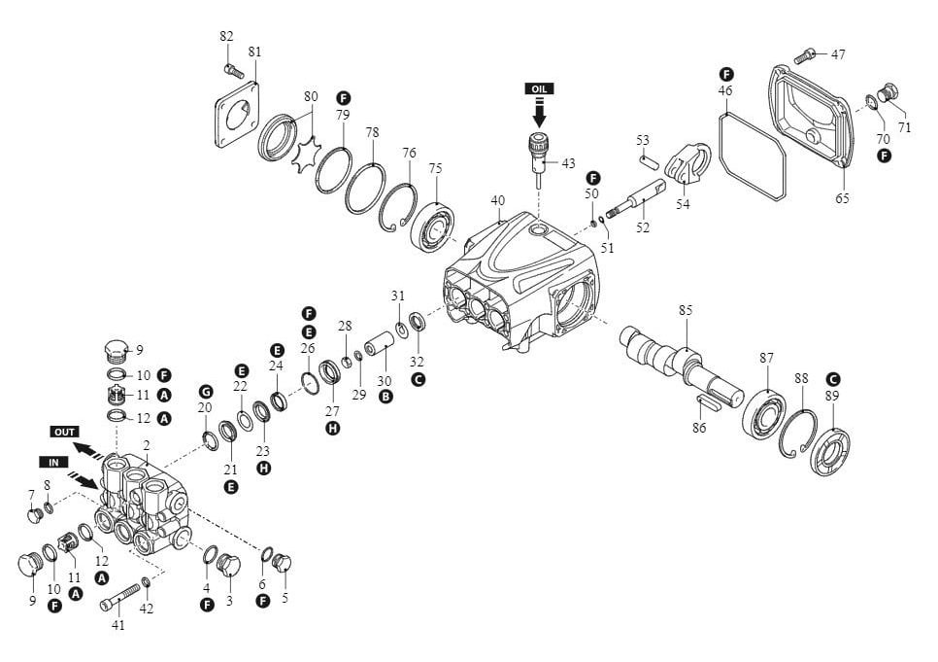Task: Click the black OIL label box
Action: pos(540,88)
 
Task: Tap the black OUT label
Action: pos(65,430)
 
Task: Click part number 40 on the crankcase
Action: pos(498,201)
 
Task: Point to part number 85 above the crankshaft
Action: pos(686,311)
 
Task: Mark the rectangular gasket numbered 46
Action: pos(753,156)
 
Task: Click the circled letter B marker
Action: pos(386,398)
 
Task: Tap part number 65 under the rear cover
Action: pos(842,198)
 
